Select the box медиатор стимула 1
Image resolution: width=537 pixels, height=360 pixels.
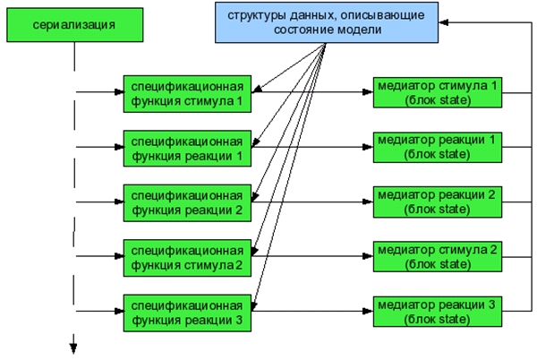437,92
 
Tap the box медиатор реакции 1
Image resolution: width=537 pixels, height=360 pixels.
437,147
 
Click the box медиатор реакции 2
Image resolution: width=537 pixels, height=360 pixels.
437,201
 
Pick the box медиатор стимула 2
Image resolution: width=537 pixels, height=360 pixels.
437,256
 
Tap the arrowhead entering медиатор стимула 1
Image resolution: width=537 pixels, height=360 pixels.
368,92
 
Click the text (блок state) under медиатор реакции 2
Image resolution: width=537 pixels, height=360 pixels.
437,209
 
